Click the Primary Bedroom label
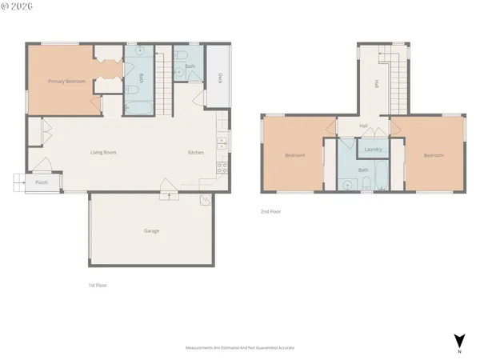[66, 82]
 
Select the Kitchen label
[196, 152]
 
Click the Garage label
[151, 231]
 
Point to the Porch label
[42, 183]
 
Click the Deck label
[218, 78]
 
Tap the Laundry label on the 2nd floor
[372, 150]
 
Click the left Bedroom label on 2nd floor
[294, 155]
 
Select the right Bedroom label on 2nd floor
[434, 155]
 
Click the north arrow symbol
[458, 339]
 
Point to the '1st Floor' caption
[98, 285]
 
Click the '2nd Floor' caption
[270, 212]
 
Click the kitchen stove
[222, 169]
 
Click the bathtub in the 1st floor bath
[134, 105]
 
